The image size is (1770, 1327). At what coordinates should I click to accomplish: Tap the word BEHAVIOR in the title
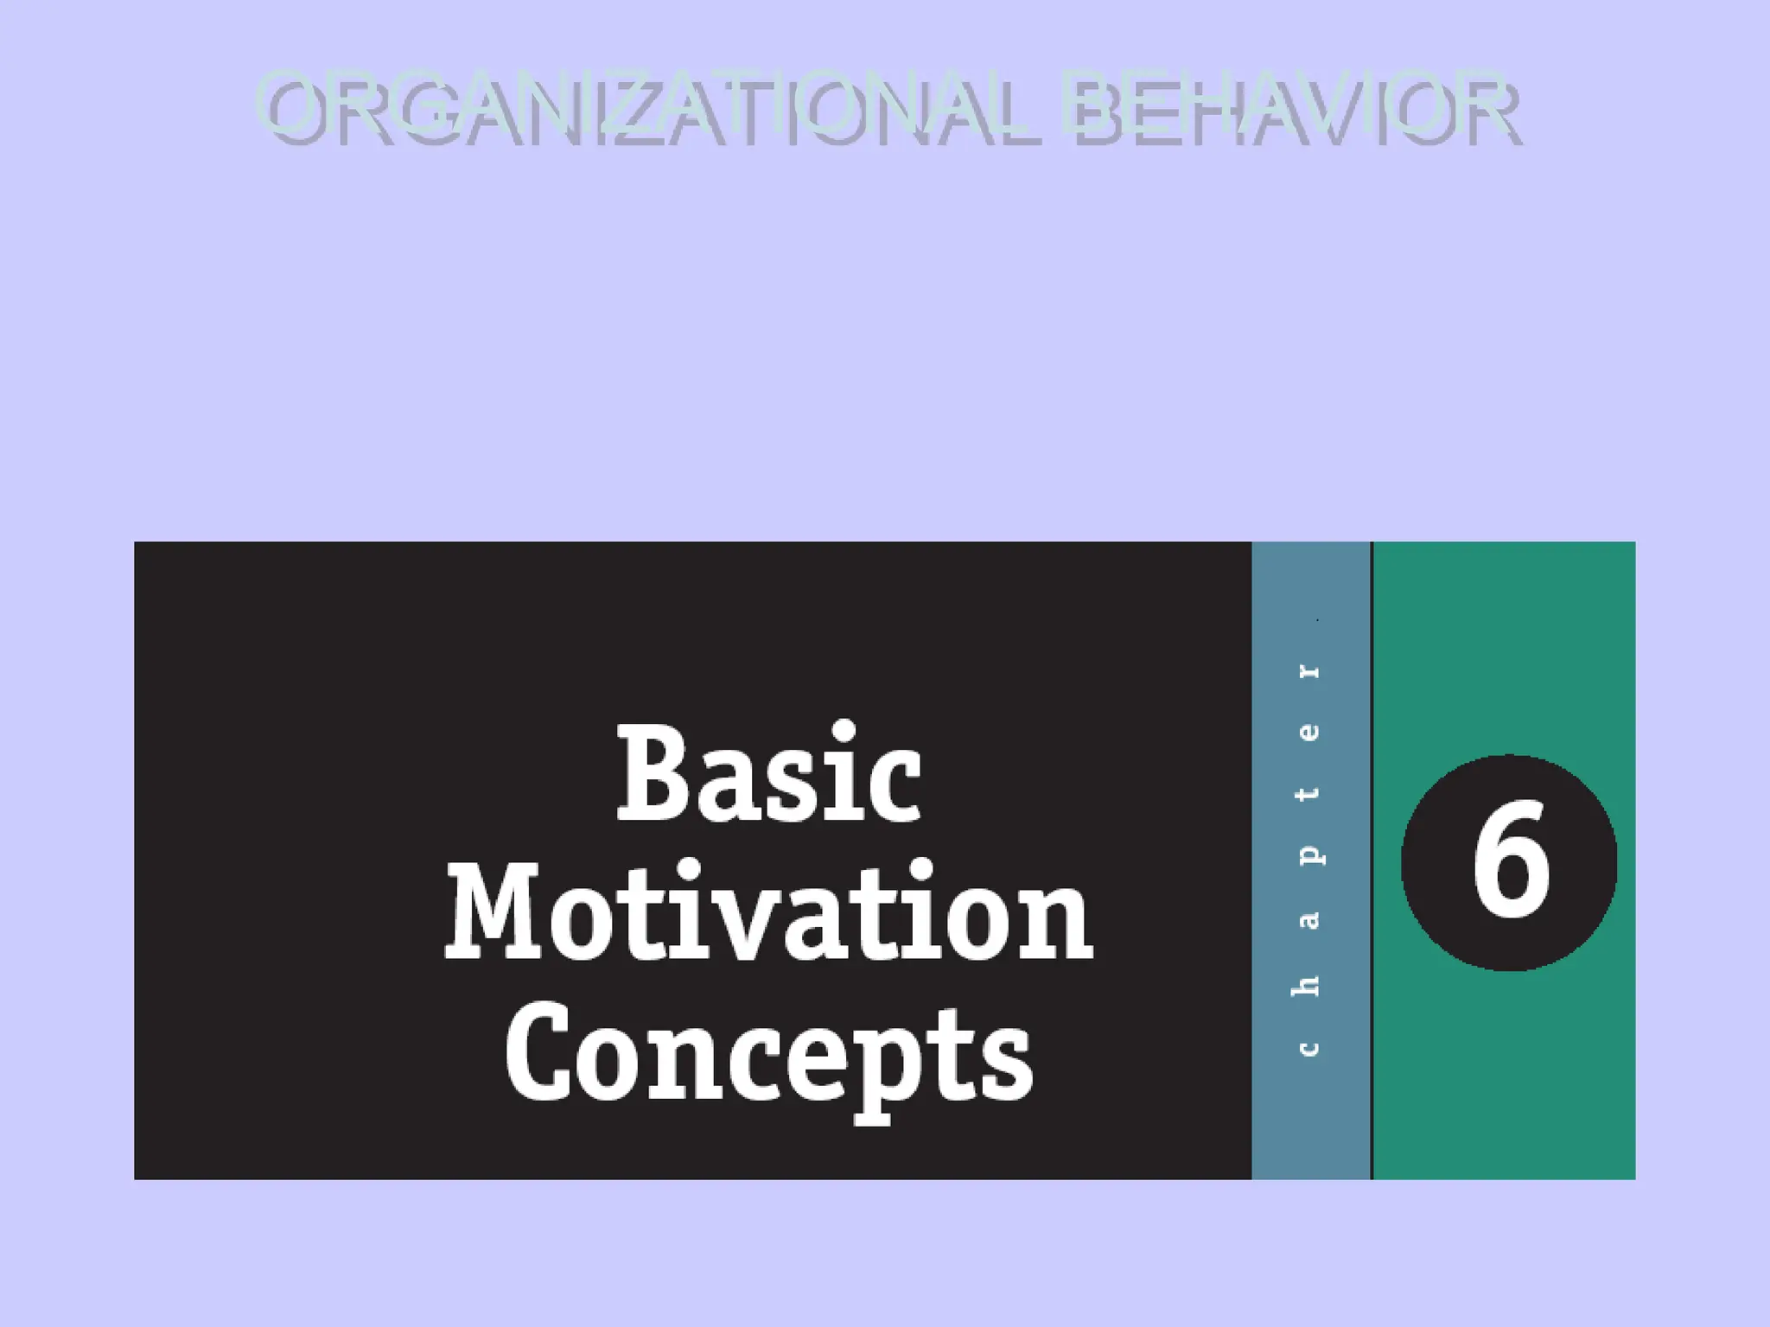pyautogui.click(x=1291, y=111)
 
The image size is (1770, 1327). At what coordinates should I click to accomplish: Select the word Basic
pyautogui.click(x=769, y=773)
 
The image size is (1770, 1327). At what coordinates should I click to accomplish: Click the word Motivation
pyautogui.click(x=769, y=913)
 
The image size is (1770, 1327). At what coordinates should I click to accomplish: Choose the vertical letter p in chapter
pyautogui.click(x=1310, y=854)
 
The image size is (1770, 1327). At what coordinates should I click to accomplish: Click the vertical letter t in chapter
pyautogui.click(x=1308, y=794)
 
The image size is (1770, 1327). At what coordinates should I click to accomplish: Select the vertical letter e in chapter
pyautogui.click(x=1309, y=733)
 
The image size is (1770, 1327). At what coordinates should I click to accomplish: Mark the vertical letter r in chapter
pyautogui.click(x=1309, y=671)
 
